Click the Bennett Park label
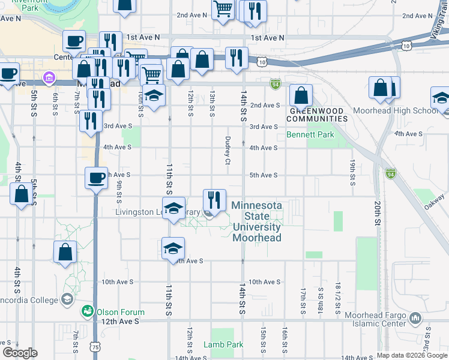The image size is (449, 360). (x=310, y=135)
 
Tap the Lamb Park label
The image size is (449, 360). (x=223, y=344)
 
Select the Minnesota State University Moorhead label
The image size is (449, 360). (x=256, y=221)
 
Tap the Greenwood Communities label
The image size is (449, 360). (x=319, y=115)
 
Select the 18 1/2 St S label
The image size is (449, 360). (x=338, y=299)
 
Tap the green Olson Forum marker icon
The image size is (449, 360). (x=88, y=311)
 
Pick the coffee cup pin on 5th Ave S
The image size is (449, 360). (x=97, y=177)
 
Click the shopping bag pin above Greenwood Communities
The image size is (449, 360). (x=301, y=94)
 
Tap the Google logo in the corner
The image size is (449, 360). (x=20, y=353)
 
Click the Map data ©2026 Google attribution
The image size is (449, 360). (x=412, y=355)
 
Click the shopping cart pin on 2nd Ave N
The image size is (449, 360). (x=223, y=10)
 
